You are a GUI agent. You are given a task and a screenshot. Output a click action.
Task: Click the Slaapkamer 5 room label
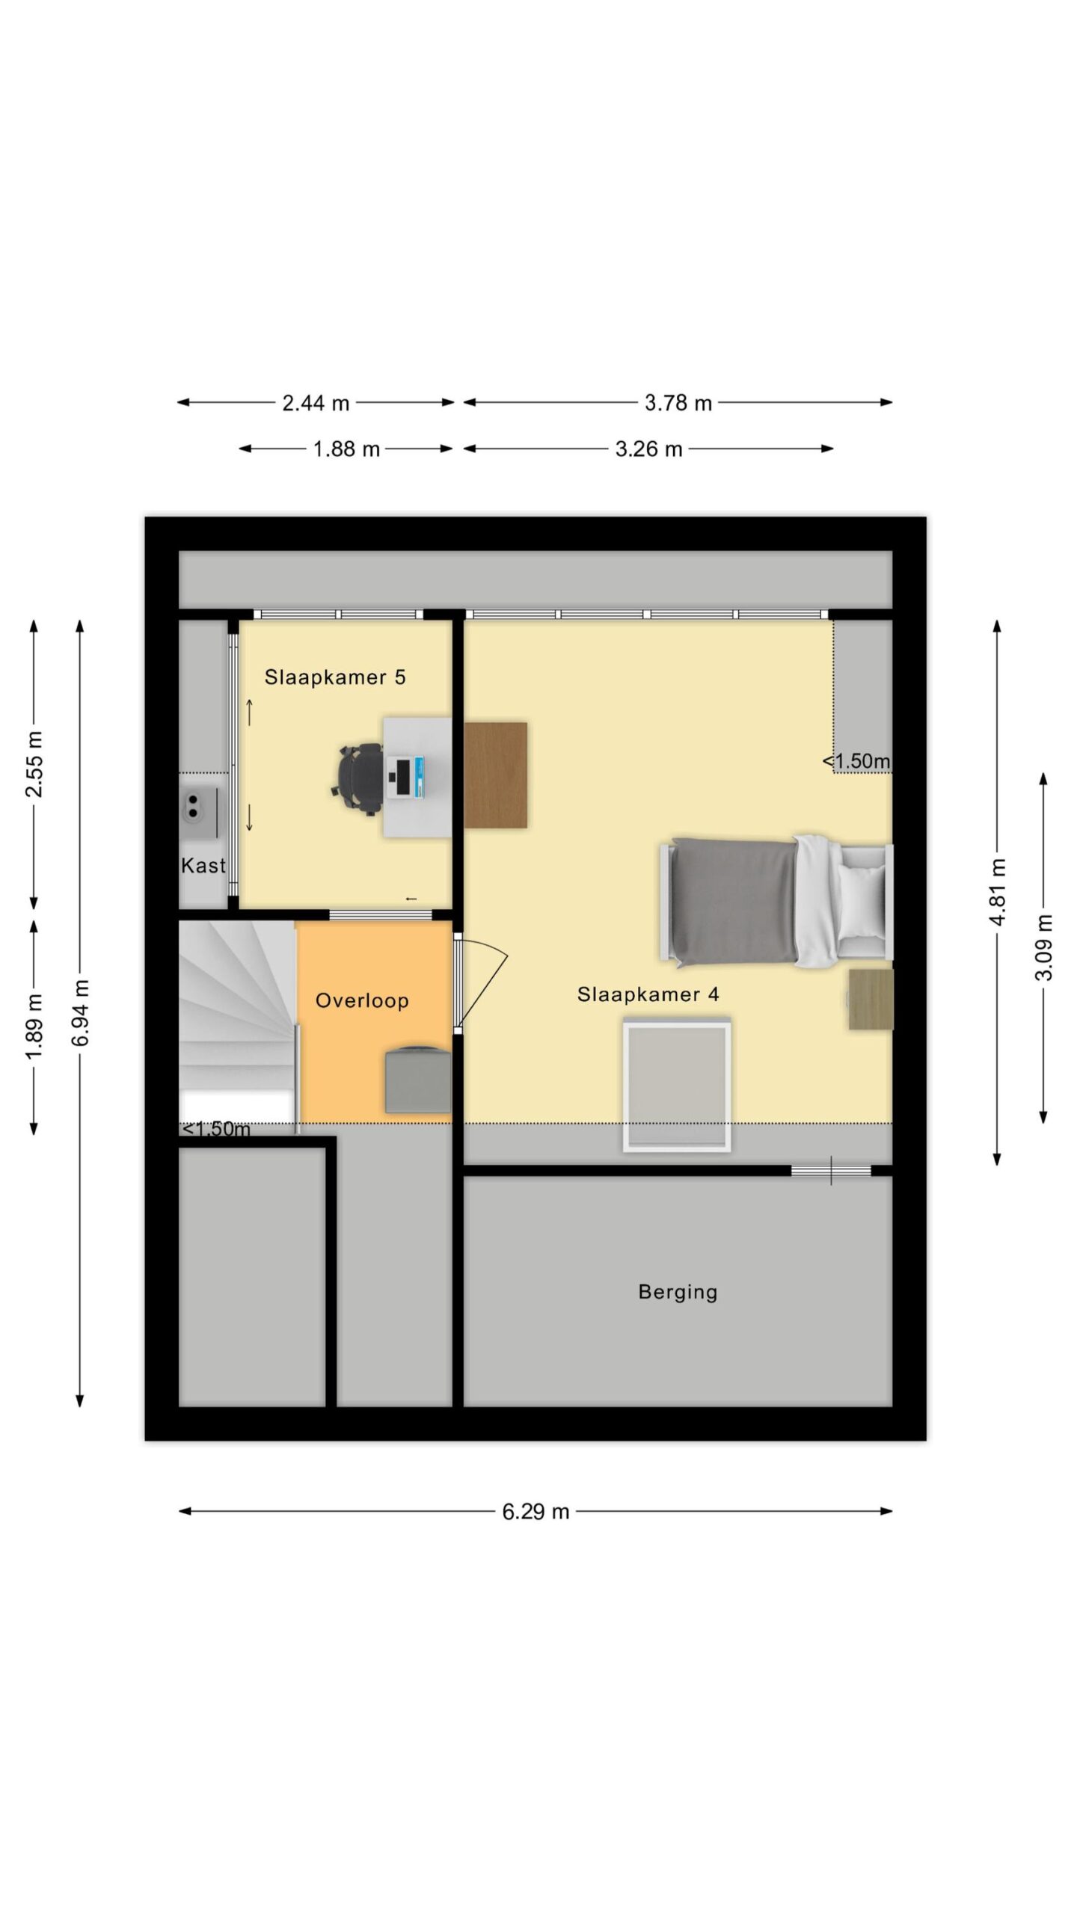(335, 677)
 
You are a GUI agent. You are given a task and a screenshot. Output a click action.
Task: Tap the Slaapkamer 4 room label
(648, 994)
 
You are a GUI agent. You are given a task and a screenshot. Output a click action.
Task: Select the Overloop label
(362, 1001)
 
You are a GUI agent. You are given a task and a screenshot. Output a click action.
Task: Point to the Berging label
(678, 1293)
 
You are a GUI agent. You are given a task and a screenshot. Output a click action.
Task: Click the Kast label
(203, 866)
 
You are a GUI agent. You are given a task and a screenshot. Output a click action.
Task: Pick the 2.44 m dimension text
(316, 404)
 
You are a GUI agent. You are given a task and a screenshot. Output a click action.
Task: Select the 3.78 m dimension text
(678, 404)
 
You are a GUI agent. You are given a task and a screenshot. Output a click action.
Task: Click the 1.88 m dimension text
(346, 449)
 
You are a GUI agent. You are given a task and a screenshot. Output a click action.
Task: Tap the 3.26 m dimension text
(648, 449)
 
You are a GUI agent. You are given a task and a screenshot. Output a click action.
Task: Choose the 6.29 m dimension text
(536, 1512)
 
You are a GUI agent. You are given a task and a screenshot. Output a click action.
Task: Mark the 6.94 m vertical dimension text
(81, 1013)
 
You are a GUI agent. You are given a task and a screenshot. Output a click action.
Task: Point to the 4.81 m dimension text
(998, 892)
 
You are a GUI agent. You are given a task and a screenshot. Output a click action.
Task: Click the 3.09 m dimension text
(1044, 947)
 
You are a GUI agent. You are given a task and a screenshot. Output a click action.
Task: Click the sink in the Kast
(199, 805)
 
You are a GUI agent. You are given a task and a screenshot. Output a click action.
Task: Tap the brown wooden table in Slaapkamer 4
(495, 775)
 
